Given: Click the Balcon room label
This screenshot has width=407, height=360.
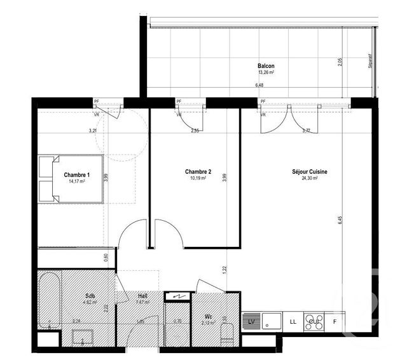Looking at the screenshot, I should click(266, 66).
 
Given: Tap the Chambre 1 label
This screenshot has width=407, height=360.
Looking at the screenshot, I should click(76, 174).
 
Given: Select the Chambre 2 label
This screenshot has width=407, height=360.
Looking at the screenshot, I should click(198, 171).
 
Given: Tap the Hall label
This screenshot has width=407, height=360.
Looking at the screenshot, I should click(143, 296).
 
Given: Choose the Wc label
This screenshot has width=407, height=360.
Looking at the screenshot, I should click(209, 316).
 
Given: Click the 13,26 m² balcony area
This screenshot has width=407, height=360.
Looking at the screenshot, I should click(266, 73).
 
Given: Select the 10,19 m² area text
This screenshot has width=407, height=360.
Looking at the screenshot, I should click(198, 178).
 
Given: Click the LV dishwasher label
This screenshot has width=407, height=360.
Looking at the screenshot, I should click(251, 322).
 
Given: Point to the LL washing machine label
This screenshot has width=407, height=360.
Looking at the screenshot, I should click(293, 322).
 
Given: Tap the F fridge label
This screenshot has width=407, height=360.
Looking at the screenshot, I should click(335, 322).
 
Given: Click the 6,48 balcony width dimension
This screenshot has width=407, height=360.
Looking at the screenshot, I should click(259, 85).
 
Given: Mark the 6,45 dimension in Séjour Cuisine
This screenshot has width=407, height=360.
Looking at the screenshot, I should click(340, 221).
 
